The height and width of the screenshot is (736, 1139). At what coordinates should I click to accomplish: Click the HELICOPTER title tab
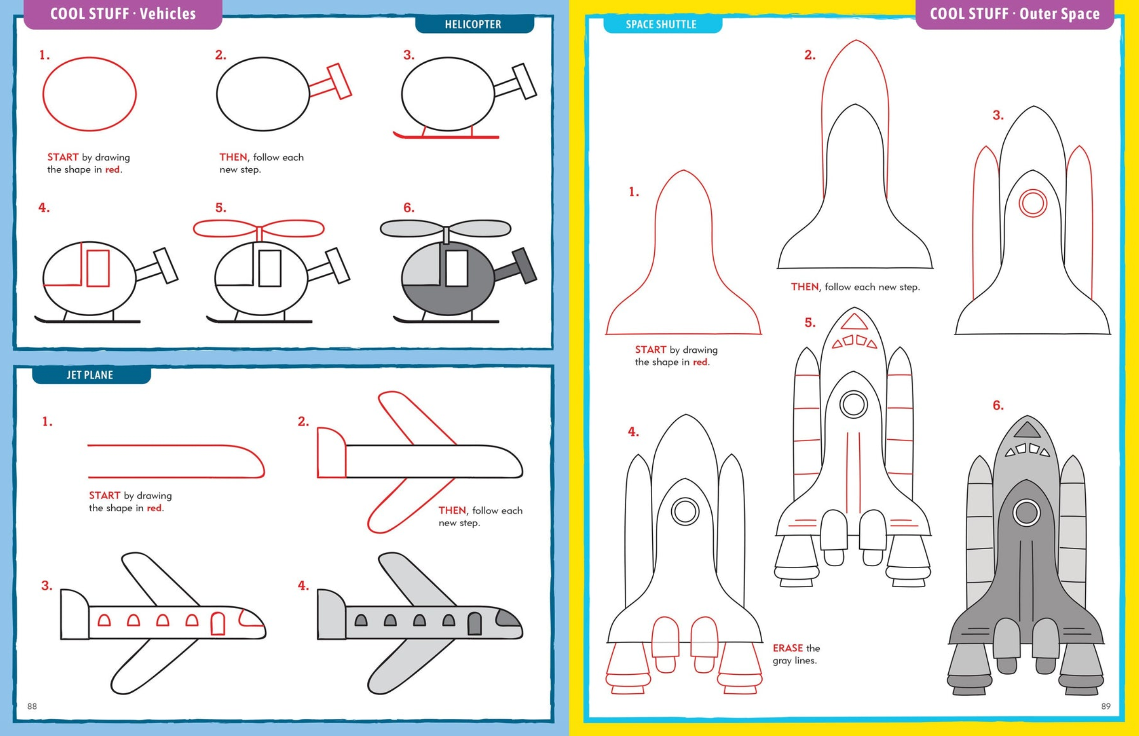click(x=473, y=24)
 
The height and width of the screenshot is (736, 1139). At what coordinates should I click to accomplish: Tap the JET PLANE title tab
click(x=90, y=375)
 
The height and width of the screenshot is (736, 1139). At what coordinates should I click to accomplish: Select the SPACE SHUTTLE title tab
click(x=661, y=24)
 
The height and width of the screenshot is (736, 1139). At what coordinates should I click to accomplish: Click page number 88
click(x=32, y=706)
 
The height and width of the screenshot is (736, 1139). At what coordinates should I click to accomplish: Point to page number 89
click(x=1106, y=706)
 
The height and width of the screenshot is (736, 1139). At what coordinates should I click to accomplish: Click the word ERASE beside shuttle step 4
click(x=787, y=648)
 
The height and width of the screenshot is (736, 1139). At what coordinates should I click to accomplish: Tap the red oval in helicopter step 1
click(x=89, y=94)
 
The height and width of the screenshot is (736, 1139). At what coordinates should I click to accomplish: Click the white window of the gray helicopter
click(x=457, y=268)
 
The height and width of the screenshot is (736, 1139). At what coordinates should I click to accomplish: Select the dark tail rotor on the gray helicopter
click(x=525, y=265)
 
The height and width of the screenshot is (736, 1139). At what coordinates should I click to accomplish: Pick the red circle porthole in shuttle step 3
click(x=1033, y=203)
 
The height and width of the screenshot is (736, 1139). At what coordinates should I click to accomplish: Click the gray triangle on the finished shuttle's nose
click(x=1027, y=429)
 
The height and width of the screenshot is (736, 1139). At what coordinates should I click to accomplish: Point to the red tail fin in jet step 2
click(x=331, y=453)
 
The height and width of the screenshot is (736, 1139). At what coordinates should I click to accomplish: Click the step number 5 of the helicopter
click(x=220, y=208)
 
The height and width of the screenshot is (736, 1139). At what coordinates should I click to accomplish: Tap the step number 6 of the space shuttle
click(x=998, y=405)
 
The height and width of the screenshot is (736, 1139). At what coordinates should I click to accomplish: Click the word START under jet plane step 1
click(x=104, y=495)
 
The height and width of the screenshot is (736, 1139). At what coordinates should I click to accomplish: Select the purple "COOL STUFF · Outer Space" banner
click(x=1015, y=14)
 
